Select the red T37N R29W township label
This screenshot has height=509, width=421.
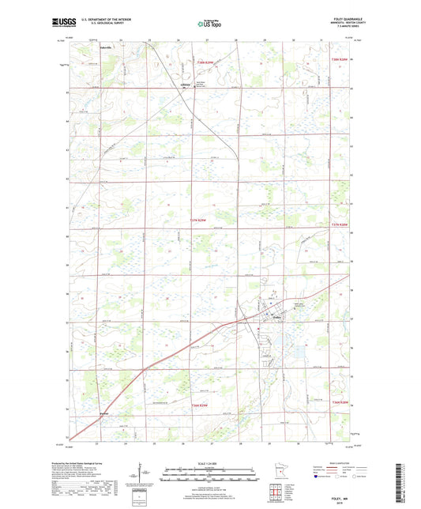pyautogui.click(x=202, y=221)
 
